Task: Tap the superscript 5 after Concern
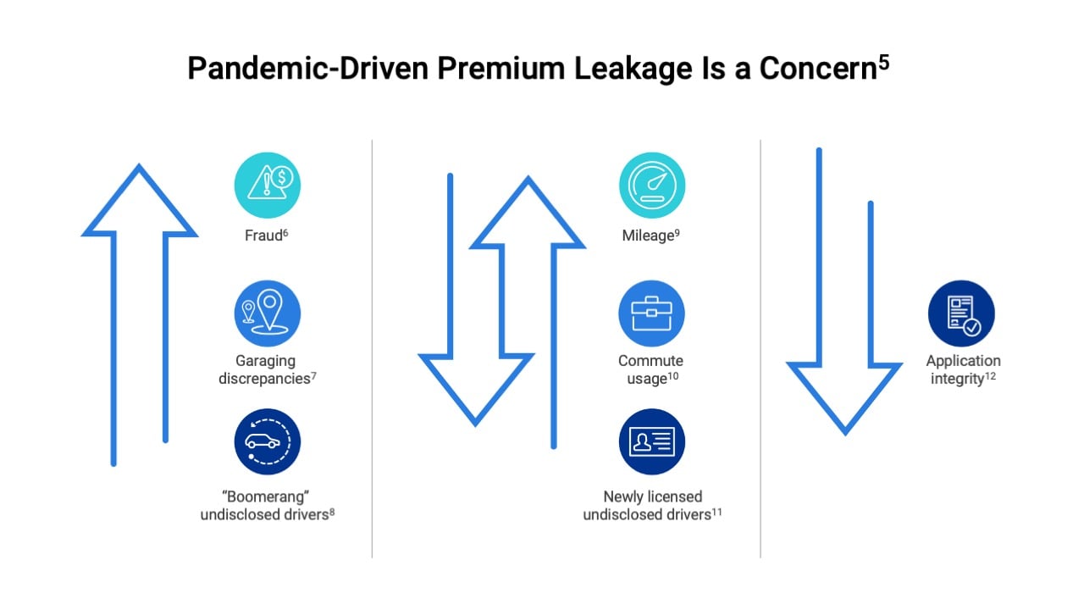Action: click(x=884, y=62)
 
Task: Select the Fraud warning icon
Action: click(x=268, y=186)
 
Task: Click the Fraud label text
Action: click(x=263, y=236)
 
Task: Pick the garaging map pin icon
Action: click(x=268, y=313)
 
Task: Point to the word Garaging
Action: click(x=266, y=361)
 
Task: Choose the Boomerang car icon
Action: click(x=268, y=441)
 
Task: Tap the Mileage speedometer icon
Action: click(x=651, y=186)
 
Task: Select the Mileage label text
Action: click(x=648, y=236)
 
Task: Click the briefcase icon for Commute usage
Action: click(x=651, y=313)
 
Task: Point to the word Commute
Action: click(x=650, y=361)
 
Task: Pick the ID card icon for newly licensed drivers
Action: click(x=651, y=441)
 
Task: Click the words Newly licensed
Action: click(x=652, y=496)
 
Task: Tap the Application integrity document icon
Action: click(x=961, y=313)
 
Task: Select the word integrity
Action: click(x=957, y=379)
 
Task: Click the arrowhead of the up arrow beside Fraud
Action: click(x=139, y=203)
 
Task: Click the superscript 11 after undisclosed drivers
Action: click(x=716, y=512)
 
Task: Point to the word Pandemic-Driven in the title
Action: click(x=307, y=69)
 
